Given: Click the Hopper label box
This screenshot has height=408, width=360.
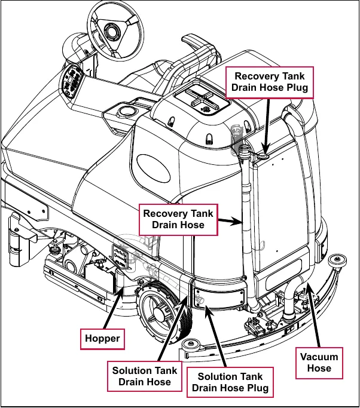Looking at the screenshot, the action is coord(102,339).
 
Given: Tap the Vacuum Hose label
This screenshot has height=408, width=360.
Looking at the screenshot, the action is coord(319,363).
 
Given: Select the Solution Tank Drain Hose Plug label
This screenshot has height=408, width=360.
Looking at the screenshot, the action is coord(230,382).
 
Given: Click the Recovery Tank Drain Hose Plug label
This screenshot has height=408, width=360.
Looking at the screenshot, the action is coord(270,82).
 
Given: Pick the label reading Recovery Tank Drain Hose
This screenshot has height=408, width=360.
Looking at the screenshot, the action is coord(178,220).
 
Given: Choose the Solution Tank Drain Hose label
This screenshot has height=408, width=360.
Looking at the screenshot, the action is coord(145,376).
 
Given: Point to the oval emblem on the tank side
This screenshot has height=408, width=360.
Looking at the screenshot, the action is coord(154,168).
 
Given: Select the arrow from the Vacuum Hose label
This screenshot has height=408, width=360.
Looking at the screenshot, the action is coord(313,315).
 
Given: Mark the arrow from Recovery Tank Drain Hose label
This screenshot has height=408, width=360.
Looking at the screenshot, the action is coord(231,221).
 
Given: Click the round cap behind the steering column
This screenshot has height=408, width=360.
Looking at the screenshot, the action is coord(127,111).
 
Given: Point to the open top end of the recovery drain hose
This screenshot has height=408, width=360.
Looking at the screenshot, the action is coord(244,148).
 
